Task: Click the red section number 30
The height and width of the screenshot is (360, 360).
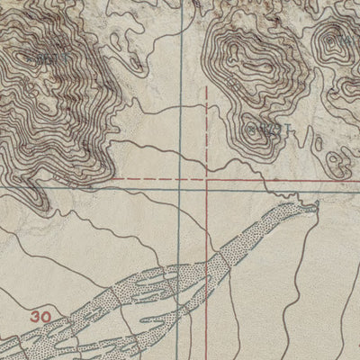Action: pos(40,316)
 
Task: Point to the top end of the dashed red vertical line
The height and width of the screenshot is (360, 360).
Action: pos(209,87)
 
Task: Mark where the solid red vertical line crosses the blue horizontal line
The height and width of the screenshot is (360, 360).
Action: pos(209,188)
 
